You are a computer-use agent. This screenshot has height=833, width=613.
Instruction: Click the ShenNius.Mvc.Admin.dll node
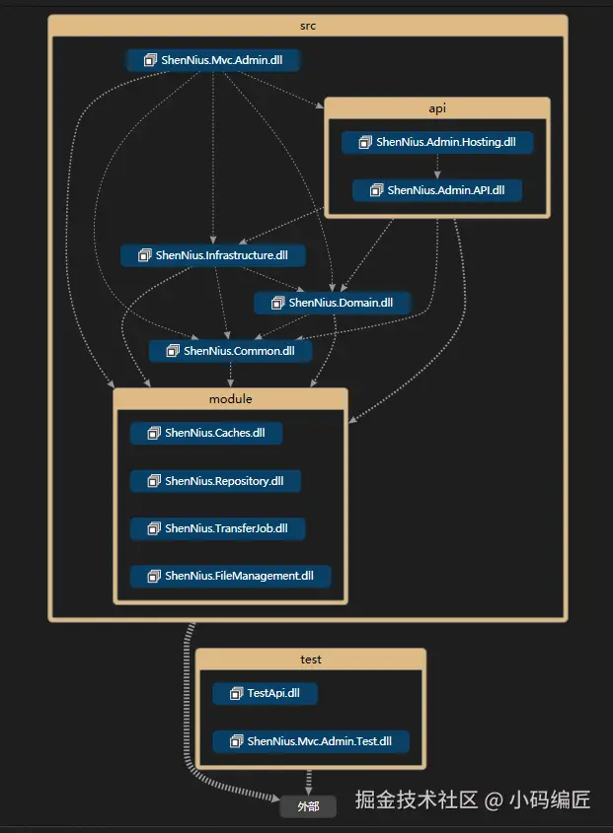click(213, 60)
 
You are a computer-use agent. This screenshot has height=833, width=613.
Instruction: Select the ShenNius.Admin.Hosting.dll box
click(437, 142)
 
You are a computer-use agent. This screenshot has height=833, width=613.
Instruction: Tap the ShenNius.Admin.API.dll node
click(436, 190)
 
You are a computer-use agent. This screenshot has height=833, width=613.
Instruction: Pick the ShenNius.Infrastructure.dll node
click(213, 255)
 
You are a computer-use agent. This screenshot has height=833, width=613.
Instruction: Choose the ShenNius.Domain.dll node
click(332, 303)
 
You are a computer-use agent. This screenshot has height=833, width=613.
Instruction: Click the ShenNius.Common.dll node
click(230, 350)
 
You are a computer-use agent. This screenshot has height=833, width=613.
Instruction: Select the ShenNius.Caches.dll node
click(205, 432)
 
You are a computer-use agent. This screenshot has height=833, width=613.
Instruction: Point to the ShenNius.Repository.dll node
click(215, 480)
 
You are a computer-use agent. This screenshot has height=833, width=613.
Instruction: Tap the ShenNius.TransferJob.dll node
click(217, 527)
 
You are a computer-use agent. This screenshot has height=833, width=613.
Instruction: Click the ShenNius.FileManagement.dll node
click(230, 575)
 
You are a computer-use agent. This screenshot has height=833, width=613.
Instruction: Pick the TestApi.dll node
click(265, 693)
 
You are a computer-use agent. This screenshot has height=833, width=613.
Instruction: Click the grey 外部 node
click(308, 806)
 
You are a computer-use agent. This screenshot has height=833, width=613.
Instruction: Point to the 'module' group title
click(231, 398)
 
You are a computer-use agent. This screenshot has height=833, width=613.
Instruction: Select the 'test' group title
click(310, 659)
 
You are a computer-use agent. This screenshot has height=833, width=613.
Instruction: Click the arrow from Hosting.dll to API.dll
click(437, 167)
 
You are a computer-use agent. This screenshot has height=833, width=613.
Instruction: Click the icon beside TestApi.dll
click(236, 693)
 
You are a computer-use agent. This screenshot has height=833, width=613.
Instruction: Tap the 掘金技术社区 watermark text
click(416, 799)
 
